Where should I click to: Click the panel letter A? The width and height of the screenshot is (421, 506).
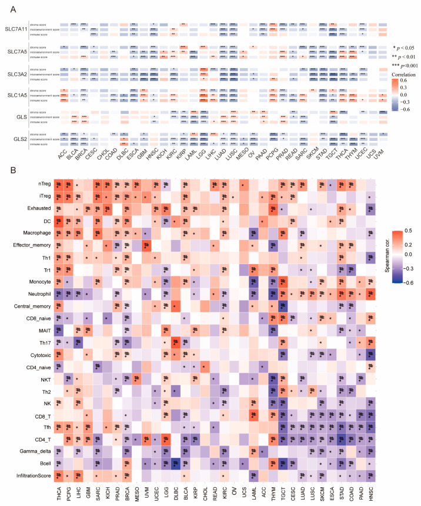click(8, 8)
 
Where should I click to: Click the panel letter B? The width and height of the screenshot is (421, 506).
click(8, 171)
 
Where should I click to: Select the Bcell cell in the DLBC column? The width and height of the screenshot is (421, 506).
click(175, 453)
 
